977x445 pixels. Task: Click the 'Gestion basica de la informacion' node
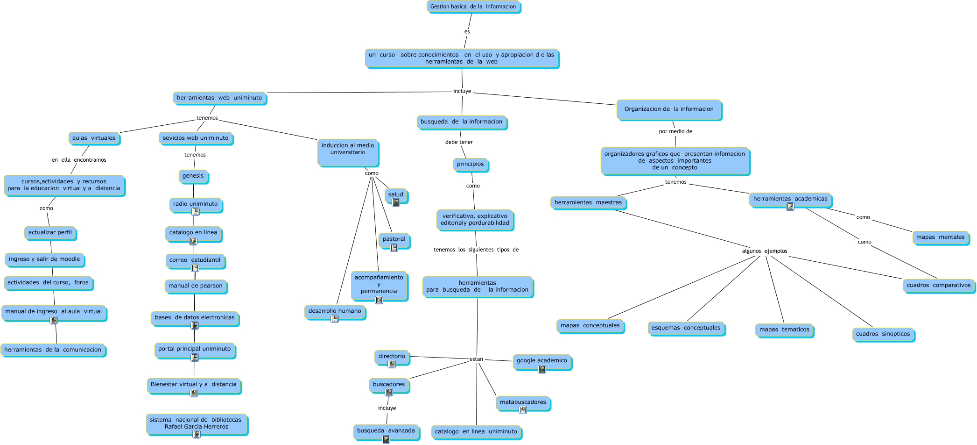click(x=473, y=7)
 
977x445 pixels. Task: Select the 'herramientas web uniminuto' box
click(x=219, y=98)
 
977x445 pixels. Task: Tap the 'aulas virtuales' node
click(x=93, y=138)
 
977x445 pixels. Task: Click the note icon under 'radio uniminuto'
click(x=196, y=212)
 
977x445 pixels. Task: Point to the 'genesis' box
click(x=193, y=176)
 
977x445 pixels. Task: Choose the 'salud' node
click(x=395, y=194)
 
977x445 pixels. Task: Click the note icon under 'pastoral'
click(x=394, y=248)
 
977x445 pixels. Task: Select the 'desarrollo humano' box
click(x=334, y=311)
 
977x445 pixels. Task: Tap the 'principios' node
click(x=470, y=164)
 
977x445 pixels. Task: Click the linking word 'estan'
click(x=476, y=359)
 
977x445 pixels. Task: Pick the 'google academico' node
click(x=541, y=360)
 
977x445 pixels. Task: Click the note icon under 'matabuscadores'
click(x=523, y=410)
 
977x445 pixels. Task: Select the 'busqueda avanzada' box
click(x=386, y=431)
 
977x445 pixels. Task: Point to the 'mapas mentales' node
click(x=940, y=237)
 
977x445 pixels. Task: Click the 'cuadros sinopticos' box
click(x=882, y=334)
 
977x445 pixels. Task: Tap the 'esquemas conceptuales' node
click(x=686, y=328)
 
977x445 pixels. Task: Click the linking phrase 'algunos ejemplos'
click(x=764, y=251)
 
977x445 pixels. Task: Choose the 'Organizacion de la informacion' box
click(x=668, y=109)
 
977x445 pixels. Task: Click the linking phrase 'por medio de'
click(x=675, y=131)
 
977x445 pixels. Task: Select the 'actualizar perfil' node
click(x=50, y=232)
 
